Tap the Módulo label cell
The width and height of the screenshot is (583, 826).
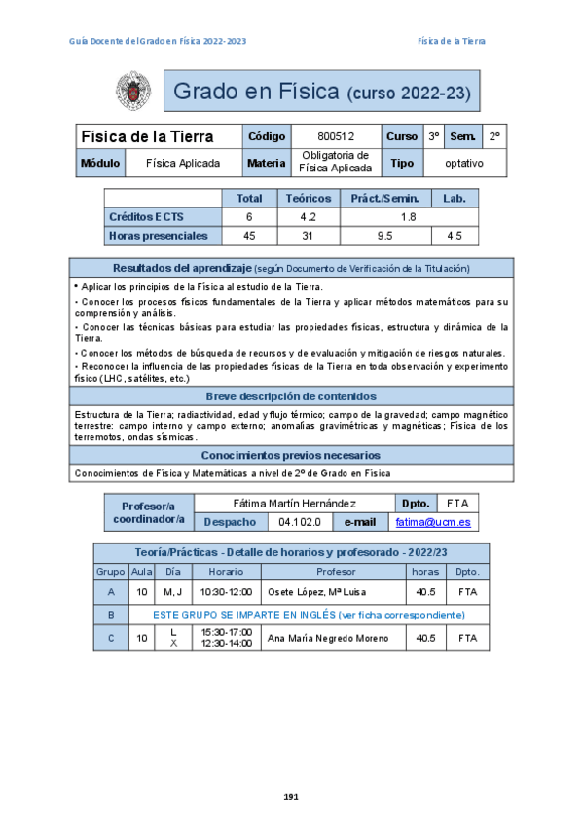click(x=100, y=164)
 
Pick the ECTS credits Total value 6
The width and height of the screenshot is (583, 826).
click(x=249, y=216)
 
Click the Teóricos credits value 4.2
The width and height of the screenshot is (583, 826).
click(x=309, y=216)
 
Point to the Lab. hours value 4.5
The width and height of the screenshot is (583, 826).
click(x=454, y=236)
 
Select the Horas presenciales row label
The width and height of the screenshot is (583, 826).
click(x=159, y=236)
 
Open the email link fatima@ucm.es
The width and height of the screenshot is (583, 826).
click(x=433, y=522)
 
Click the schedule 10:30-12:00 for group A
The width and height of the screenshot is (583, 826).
click(x=226, y=591)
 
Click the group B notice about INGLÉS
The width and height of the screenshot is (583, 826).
click(x=310, y=615)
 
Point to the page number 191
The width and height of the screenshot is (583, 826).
click(x=290, y=797)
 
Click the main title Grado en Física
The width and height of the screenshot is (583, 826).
click(x=256, y=93)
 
